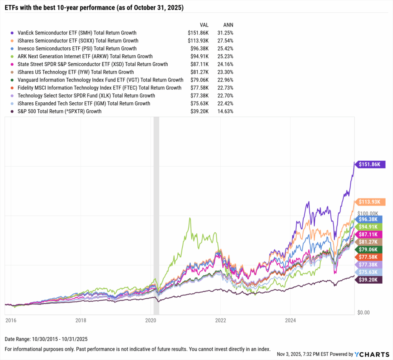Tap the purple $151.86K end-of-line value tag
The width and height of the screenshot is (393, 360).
point(370,164)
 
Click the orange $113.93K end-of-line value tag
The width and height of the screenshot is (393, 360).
point(370,202)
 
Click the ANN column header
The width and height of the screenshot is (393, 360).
point(228,25)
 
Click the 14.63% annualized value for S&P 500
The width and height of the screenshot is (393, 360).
point(225,112)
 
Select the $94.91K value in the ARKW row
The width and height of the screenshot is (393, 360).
point(199,56)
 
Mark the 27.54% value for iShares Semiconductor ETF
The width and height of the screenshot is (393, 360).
point(225,41)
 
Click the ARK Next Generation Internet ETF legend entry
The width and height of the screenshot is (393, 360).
point(85,56)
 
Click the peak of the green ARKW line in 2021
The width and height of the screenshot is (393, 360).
point(190,218)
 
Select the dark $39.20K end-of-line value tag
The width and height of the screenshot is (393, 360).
point(370,280)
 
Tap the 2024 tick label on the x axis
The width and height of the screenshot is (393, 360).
point(291,320)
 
